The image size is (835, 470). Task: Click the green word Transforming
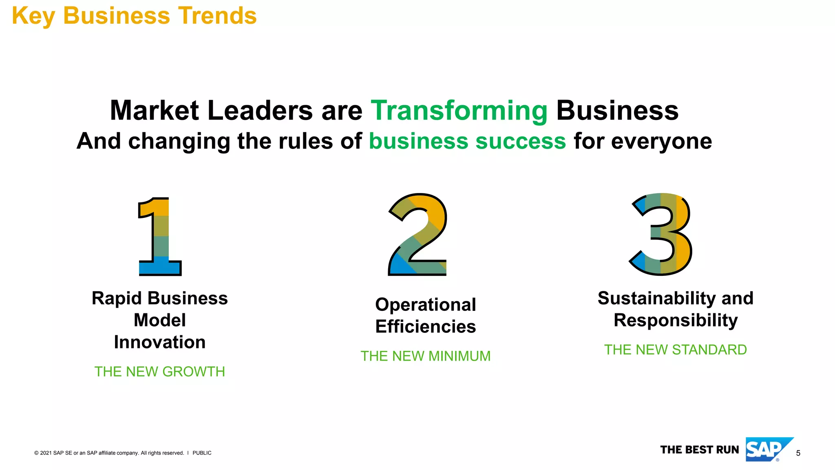[x=459, y=111]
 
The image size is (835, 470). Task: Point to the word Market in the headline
[x=155, y=111]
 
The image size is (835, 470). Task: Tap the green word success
[x=521, y=141]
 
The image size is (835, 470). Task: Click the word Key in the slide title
[x=33, y=16]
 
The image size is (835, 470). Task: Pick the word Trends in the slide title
[x=218, y=16]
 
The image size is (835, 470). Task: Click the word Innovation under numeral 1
[x=160, y=342]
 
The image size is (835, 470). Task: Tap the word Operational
[x=425, y=305]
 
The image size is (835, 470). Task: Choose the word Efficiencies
[x=425, y=327]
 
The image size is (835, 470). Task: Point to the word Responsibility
[x=676, y=321]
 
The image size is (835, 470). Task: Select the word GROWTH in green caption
[x=194, y=372]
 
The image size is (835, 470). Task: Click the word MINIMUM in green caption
[x=459, y=356]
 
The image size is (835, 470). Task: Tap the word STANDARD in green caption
[x=709, y=350]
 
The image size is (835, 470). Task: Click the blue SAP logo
[x=767, y=450]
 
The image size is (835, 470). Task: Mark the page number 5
[x=798, y=453]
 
